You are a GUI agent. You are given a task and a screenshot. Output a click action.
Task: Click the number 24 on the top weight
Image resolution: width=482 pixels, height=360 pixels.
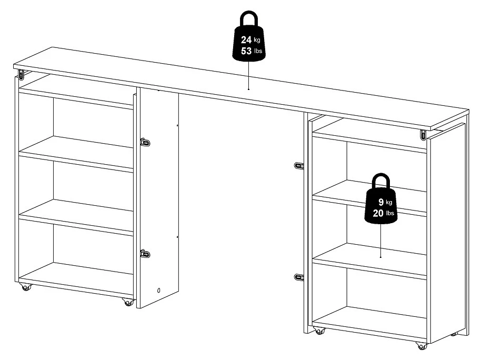click(246, 39)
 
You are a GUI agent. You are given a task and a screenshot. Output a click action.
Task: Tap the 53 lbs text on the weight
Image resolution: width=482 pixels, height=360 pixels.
click(252, 51)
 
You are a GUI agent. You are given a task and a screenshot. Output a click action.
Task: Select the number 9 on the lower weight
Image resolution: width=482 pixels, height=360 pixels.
click(381, 202)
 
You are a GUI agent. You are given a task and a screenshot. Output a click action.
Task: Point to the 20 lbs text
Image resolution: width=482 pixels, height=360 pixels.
click(383, 213)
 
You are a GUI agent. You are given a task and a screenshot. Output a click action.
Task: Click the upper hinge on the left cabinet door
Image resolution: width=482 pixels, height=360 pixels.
click(145, 142)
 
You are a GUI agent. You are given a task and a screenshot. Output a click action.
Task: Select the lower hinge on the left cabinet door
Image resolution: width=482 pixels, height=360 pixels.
click(145, 254)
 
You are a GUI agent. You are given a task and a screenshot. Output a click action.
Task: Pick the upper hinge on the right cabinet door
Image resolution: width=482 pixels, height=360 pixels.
click(299, 165)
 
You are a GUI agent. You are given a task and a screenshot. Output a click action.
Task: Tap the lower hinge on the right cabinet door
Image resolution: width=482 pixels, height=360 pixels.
click(299, 277)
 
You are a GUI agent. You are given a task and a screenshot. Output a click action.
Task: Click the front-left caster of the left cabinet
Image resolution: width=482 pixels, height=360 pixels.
click(26, 287)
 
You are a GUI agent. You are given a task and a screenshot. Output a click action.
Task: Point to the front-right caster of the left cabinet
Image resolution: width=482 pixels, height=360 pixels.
click(128, 302)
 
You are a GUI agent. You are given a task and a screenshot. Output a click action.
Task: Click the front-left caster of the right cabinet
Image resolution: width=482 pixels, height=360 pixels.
click(319, 331)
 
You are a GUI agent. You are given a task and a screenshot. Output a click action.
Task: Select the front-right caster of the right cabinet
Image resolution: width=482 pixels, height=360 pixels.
click(421, 346)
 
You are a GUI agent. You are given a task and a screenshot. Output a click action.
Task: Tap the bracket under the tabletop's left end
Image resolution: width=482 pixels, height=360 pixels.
click(21, 74)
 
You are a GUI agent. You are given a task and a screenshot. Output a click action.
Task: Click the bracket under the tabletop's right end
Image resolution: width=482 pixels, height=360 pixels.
click(423, 135)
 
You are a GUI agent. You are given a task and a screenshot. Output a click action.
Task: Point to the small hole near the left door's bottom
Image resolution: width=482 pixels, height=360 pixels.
click(158, 291)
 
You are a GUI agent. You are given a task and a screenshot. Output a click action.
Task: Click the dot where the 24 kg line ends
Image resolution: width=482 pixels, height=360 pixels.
click(248, 89)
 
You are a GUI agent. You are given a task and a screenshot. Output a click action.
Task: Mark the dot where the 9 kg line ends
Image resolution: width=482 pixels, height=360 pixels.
click(380, 257)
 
